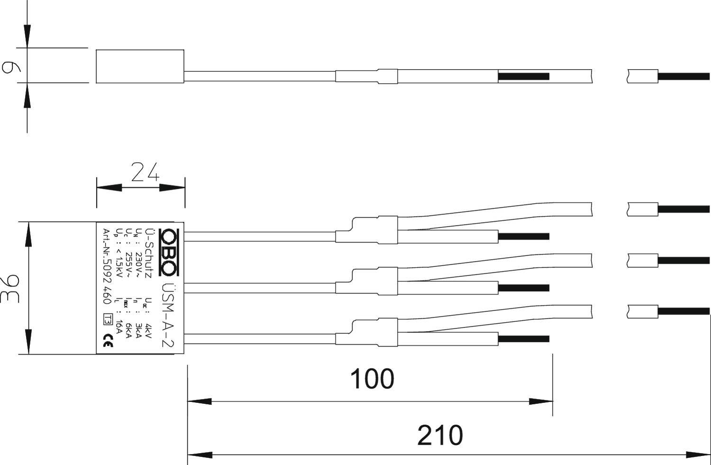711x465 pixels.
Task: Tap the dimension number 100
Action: [372, 379]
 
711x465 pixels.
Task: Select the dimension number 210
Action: [439, 435]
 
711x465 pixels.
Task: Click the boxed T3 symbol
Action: [108, 319]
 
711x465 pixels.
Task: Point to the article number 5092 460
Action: [107, 272]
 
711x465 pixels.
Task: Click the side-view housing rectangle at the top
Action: [140, 66]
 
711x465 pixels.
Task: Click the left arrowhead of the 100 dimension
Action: [200, 401]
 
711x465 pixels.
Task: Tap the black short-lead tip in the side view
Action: [523, 76]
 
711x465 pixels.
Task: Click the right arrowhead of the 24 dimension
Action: [173, 187]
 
